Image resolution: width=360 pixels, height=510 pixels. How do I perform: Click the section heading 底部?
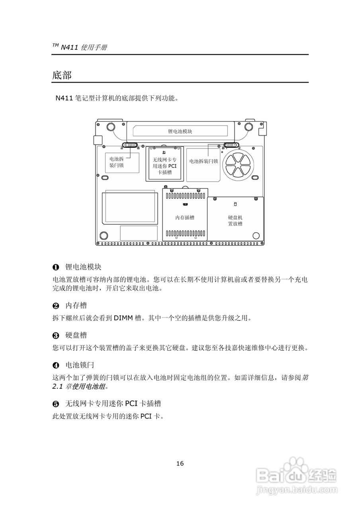click(62, 75)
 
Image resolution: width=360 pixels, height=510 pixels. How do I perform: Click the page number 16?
click(180, 463)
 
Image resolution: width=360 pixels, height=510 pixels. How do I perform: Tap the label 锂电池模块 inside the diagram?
click(180, 131)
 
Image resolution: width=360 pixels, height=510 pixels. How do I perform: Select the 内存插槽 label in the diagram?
click(185, 218)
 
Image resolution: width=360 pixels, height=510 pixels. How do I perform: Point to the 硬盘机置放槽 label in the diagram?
click(235, 221)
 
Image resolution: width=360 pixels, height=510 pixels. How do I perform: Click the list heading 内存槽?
click(76, 306)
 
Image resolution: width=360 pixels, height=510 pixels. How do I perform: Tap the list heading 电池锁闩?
click(80, 365)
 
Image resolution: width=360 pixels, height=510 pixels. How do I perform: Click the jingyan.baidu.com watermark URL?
click(297, 489)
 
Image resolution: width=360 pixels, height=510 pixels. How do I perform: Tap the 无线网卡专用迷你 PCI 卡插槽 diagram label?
click(164, 166)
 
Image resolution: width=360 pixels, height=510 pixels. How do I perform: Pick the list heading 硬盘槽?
click(76, 335)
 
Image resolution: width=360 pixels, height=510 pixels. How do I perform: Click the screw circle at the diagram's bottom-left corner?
click(104, 235)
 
